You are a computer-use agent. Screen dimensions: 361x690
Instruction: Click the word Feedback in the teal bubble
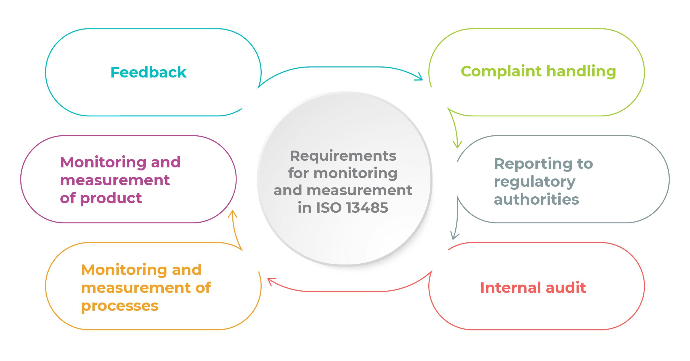[x=148, y=72]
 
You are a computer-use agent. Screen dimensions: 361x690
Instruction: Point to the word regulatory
[x=535, y=182]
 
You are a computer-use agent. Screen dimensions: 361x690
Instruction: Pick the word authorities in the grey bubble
[x=536, y=199]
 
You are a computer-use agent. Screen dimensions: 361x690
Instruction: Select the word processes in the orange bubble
[x=120, y=306]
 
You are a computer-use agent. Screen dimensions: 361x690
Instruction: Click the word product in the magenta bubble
[x=111, y=199]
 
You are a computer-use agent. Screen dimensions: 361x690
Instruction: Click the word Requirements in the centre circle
[x=343, y=156]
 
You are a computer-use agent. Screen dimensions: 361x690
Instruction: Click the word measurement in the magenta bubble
[x=115, y=181]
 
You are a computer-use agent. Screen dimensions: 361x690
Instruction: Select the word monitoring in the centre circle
[x=355, y=173]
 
